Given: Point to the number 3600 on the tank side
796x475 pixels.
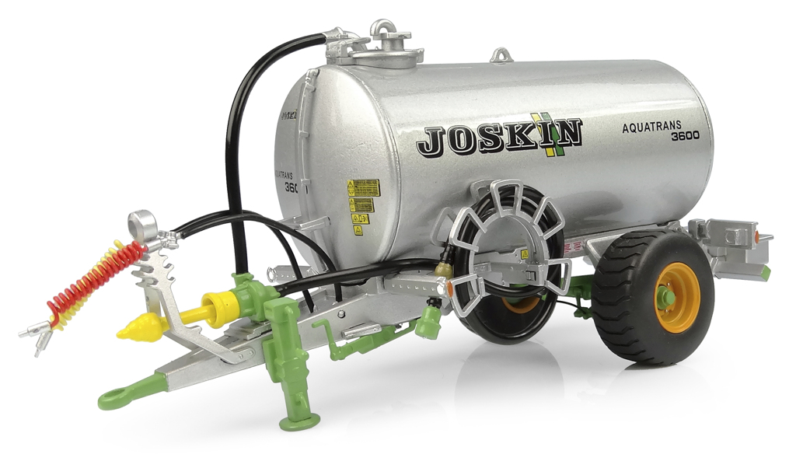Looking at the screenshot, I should pos(684,135).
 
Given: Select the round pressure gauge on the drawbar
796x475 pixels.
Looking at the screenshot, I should pos(142,225).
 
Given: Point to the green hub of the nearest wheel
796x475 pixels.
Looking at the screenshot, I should pos(666,298).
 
